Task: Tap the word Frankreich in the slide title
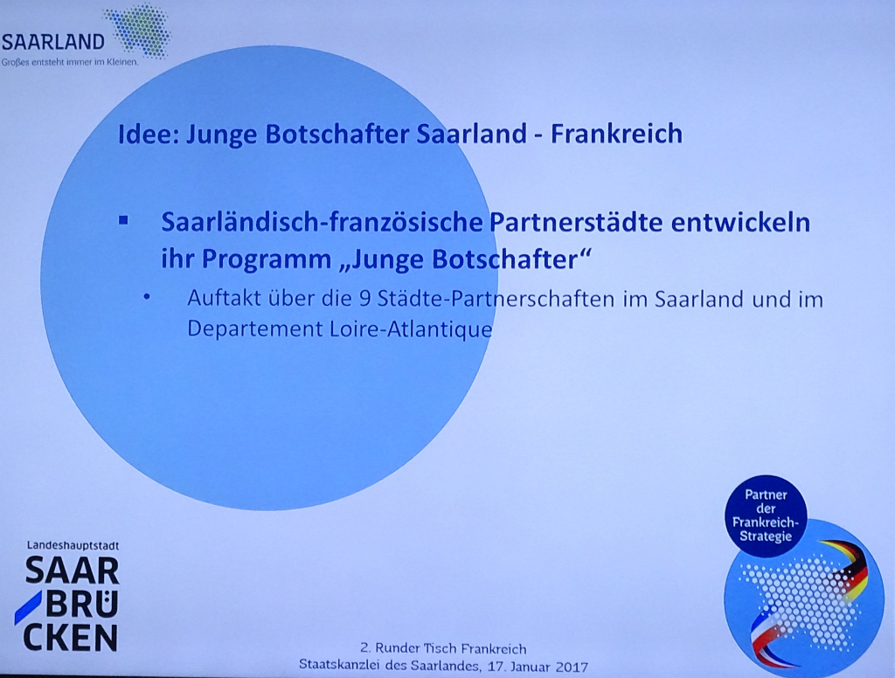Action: [x=616, y=134]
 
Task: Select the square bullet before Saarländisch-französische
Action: [x=123, y=221]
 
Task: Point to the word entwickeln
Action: [x=740, y=222]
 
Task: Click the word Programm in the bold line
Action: [x=267, y=260]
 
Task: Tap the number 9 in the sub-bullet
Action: [x=364, y=299]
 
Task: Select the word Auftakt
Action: [x=224, y=298]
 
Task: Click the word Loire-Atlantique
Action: [x=411, y=329]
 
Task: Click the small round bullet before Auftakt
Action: [x=147, y=297]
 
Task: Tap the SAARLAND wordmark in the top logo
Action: [x=53, y=42]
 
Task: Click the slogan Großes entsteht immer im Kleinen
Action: [x=70, y=62]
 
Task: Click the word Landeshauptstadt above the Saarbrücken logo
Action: [x=73, y=545]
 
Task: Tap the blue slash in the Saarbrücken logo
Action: [x=29, y=607]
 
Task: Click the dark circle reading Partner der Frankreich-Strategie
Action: [x=766, y=515]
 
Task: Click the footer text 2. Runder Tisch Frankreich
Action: [x=443, y=648]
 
